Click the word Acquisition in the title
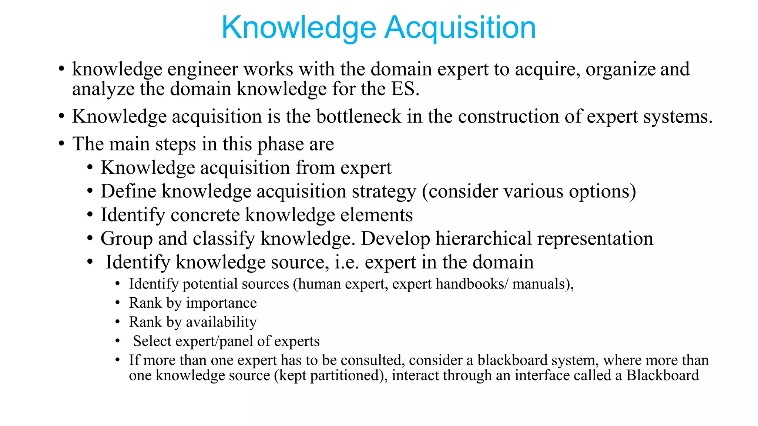click(x=460, y=28)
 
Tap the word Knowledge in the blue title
click(x=299, y=28)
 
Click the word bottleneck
click(x=359, y=116)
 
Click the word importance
click(x=221, y=303)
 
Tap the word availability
click(x=221, y=322)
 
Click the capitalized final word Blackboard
click(x=663, y=375)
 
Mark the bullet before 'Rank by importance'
click(x=117, y=303)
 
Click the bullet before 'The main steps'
click(x=61, y=144)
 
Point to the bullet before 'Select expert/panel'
click(x=117, y=341)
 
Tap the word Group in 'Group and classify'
click(x=126, y=239)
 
